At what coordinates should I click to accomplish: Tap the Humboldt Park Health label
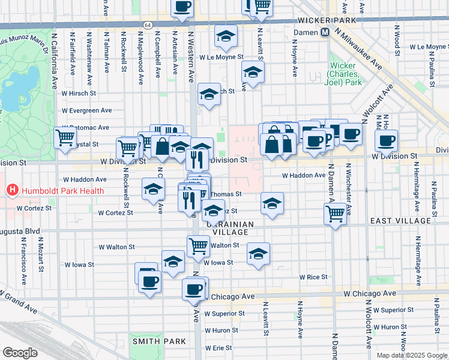62,191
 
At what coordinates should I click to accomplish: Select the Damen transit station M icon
325,32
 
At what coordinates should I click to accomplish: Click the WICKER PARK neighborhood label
327,20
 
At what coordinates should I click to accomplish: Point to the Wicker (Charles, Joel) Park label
344,74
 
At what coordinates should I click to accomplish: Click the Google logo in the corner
20,353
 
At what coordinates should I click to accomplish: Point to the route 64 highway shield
148,25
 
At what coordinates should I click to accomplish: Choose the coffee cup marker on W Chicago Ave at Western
193,289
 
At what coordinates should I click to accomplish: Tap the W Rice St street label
313,277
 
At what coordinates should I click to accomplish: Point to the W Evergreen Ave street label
87,110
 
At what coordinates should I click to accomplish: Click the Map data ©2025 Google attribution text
412,355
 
